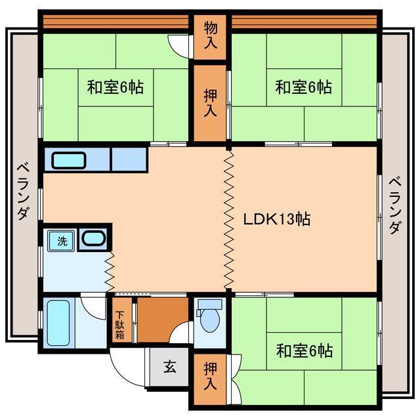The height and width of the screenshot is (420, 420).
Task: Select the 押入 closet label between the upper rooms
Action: pyautogui.click(x=210, y=102)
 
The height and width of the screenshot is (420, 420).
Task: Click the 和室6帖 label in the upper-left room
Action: pyautogui.click(x=116, y=87)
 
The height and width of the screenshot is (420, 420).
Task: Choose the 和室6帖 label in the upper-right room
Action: pyautogui.click(x=303, y=87)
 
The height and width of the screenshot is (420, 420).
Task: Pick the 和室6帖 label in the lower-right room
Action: pyautogui.click(x=304, y=351)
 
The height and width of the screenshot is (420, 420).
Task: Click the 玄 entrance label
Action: pyautogui.click(x=169, y=367)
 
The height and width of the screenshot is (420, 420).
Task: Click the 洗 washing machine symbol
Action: pyautogui.click(x=62, y=241)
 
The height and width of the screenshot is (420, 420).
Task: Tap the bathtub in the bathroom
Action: pyautogui.click(x=59, y=323)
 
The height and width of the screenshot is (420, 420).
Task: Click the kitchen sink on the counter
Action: pyautogui.click(x=69, y=160)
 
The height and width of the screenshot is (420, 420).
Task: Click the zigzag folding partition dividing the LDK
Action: pyautogui.click(x=228, y=220)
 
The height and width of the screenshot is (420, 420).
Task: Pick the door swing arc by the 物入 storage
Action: pyautogui.click(x=178, y=45)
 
